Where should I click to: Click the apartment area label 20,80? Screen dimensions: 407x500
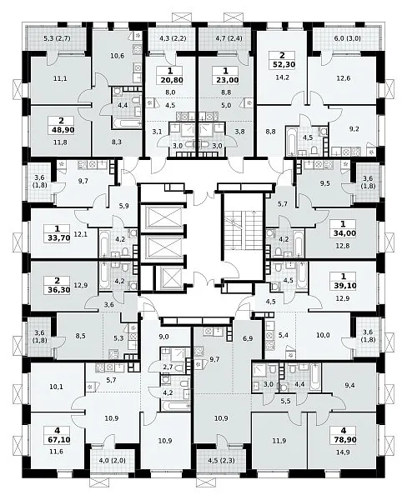(170, 80)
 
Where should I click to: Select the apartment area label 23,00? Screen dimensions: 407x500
(226, 80)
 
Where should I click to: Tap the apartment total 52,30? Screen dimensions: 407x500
(282, 65)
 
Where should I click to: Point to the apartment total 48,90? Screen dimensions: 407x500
(61, 130)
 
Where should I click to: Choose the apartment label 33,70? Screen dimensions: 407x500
(58, 237)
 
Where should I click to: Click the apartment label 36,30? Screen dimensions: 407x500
(58, 290)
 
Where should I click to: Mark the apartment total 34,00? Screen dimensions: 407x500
(343, 233)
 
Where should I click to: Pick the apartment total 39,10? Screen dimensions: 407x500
(344, 285)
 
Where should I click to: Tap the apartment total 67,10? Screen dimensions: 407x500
(58, 440)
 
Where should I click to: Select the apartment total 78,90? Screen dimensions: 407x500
(344, 440)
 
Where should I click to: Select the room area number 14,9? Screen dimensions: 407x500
(343, 452)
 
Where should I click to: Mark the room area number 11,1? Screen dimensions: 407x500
(60, 78)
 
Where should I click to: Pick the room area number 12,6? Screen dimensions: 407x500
(343, 78)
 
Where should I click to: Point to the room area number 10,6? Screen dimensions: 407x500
(117, 56)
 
